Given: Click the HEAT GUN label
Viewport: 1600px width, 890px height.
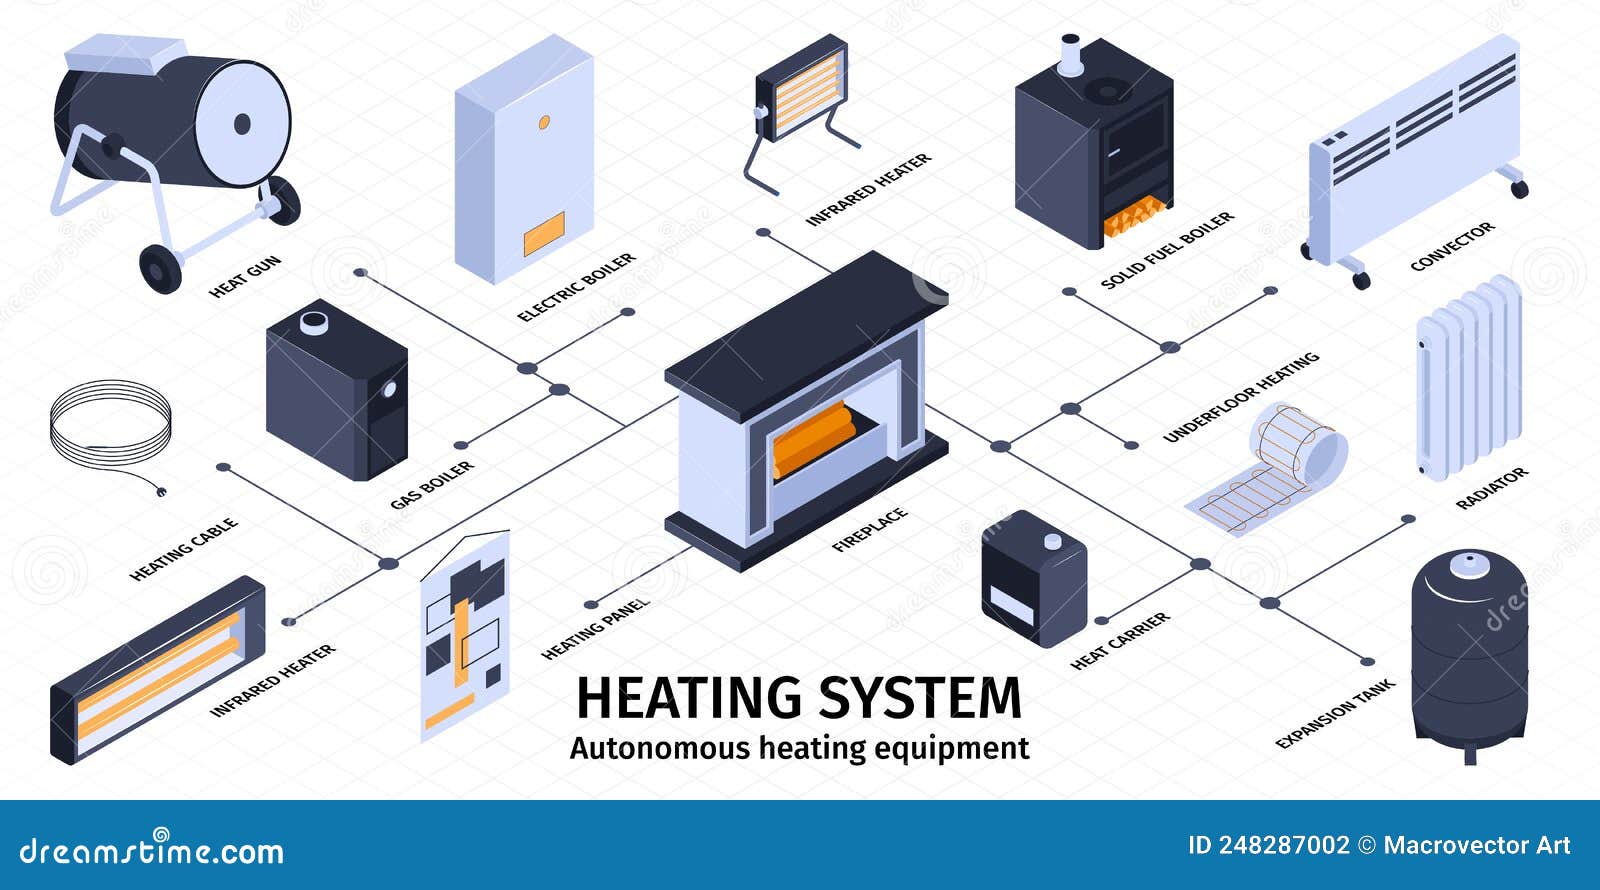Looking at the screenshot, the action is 245,276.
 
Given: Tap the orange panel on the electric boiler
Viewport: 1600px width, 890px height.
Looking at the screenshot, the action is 544,234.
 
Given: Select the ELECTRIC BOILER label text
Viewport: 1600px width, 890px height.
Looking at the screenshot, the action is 576,287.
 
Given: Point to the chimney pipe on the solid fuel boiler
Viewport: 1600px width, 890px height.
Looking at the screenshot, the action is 1070,55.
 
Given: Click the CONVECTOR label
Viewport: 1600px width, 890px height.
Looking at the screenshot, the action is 1452,246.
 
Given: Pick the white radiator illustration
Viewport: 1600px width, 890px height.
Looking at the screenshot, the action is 1469,377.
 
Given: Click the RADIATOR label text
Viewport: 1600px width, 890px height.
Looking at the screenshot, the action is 1492,489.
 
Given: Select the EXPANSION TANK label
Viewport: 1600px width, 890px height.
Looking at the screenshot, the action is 1335,714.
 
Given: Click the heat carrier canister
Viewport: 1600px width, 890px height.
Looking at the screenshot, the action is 1034,579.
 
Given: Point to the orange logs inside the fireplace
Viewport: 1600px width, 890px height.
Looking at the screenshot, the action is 814,438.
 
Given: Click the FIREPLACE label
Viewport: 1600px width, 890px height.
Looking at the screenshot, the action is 870,529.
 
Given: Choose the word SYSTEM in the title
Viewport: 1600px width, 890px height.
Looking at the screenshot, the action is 921,698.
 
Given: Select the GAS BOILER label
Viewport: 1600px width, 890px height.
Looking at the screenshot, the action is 432,485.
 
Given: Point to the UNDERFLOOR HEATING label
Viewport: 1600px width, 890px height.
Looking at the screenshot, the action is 1241,397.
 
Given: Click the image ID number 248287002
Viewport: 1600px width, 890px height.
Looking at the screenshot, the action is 1284,846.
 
